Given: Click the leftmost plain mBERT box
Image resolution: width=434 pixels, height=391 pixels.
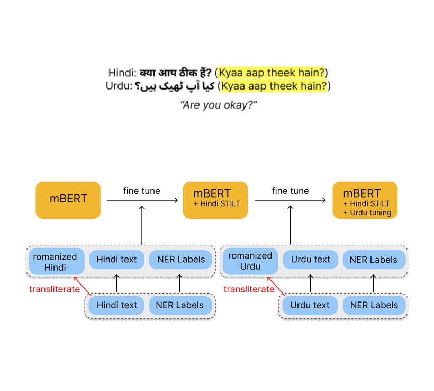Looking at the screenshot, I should pyautogui.click(x=68, y=200).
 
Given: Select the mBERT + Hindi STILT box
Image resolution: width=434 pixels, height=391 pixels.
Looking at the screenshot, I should pyautogui.click(x=215, y=200).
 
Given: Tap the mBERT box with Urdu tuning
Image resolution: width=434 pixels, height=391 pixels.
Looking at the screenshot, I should pyautogui.click(x=365, y=200).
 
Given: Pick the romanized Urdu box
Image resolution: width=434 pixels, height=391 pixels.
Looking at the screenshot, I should pyautogui.click(x=250, y=261).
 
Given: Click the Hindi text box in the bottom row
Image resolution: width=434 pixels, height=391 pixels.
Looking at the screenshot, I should pyautogui.click(x=117, y=305).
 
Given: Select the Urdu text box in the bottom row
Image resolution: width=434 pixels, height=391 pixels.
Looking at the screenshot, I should pyautogui.click(x=310, y=305).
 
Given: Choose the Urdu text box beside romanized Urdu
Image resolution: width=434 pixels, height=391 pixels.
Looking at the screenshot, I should pyautogui.click(x=310, y=260).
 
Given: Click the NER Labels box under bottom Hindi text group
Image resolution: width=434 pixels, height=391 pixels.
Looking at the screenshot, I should pyautogui.click(x=180, y=305).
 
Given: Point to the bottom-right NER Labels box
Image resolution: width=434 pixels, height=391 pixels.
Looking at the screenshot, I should pyautogui.click(x=374, y=305).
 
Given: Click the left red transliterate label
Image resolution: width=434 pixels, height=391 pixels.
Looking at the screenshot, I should pyautogui.click(x=54, y=289).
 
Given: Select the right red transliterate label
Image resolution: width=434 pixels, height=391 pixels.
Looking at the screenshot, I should pyautogui.click(x=249, y=289).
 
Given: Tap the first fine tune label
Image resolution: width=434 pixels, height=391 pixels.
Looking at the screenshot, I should pyautogui.click(x=141, y=191).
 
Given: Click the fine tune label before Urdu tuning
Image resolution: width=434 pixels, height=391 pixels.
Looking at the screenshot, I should pyautogui.click(x=290, y=191).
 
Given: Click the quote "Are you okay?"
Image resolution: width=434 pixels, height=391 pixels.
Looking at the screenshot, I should pyautogui.click(x=219, y=104).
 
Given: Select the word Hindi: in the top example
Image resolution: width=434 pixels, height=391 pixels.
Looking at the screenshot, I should pyautogui.click(x=122, y=73).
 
